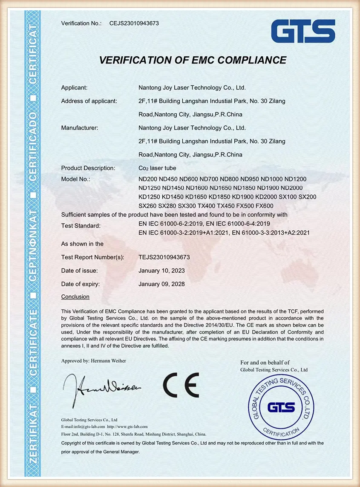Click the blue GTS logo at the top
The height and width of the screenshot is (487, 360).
click(x=302, y=31)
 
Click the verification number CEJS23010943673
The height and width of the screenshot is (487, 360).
click(x=134, y=23)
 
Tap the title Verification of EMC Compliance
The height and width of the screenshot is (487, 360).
click(x=193, y=60)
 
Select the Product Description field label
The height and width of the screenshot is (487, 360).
click(x=88, y=168)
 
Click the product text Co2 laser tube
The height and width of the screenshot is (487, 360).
click(x=157, y=168)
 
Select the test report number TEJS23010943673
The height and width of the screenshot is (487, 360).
click(x=164, y=257)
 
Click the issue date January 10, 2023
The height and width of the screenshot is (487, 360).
click(x=161, y=271)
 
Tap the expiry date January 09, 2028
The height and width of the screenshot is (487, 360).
click(x=161, y=284)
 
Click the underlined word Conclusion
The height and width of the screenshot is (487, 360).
click(x=75, y=297)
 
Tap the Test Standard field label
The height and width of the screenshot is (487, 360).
click(x=81, y=226)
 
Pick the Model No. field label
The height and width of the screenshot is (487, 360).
click(x=75, y=179)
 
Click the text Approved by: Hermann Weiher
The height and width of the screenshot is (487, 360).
click(x=94, y=361)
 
